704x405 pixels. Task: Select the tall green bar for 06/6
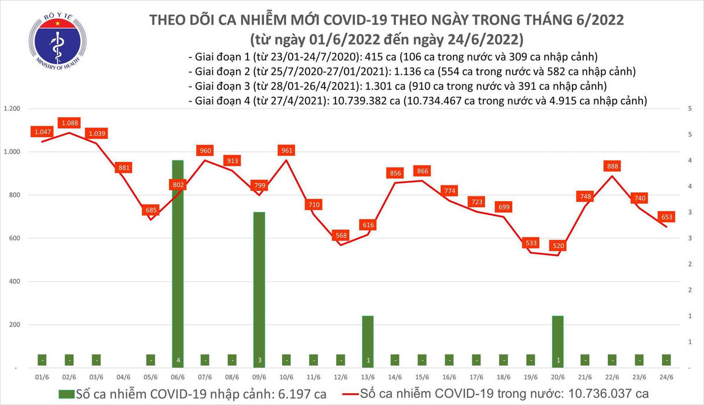pos(178,264)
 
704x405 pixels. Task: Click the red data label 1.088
pos(69,123)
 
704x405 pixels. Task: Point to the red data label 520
pos(557,246)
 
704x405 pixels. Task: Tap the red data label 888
pos(612,166)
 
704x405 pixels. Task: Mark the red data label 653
pos(666,217)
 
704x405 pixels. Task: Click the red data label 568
pos(341,234)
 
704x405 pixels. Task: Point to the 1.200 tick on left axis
pos(12,109)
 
